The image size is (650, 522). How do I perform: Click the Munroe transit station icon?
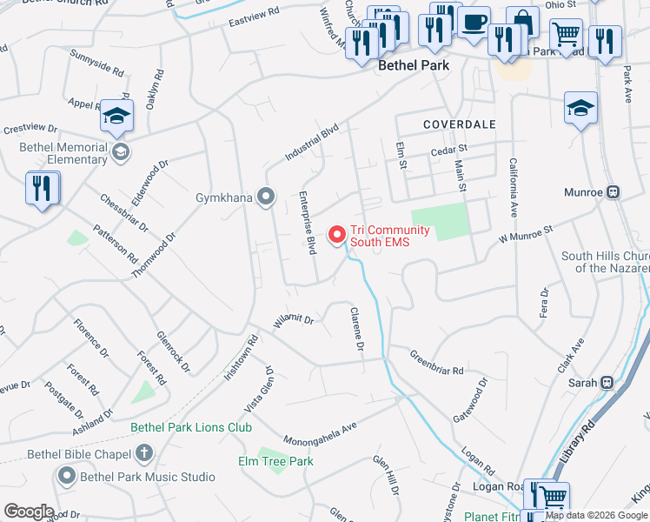point(613,191)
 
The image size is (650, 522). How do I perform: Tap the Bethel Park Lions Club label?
point(191,427)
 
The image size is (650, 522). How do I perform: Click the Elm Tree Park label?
point(275,461)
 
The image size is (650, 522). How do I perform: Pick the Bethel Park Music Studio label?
point(147,477)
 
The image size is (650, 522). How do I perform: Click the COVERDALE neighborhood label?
point(459,125)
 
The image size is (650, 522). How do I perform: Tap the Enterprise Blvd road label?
point(307,223)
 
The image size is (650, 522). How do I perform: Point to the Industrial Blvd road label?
point(311,144)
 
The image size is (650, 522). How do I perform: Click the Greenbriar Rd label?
point(436,363)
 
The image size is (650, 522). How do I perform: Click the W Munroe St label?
point(525,234)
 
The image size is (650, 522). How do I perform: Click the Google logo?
point(29,512)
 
